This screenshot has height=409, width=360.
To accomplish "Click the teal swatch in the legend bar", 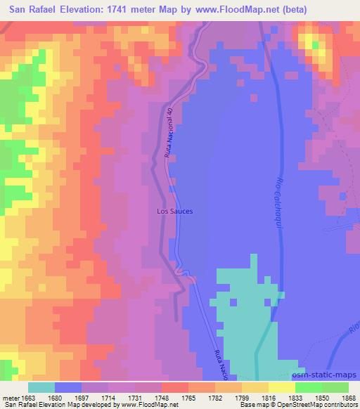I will tap(41, 387).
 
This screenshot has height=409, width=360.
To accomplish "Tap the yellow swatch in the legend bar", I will tap(281, 387).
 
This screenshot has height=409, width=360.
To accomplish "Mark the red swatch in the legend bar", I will tap(175, 387).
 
